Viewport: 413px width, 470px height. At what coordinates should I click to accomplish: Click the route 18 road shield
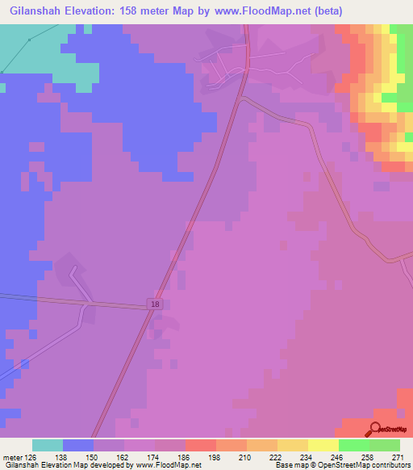(154, 304)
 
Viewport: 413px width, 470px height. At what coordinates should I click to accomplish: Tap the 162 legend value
(125, 456)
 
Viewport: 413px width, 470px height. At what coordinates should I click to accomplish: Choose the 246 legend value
(339, 456)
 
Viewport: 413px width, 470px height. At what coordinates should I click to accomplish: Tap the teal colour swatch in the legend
(48, 445)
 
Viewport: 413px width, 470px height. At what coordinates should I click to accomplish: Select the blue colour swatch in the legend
(78, 445)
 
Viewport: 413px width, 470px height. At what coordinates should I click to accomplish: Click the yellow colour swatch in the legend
(323, 445)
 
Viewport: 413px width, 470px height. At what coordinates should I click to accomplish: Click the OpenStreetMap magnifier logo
(376, 429)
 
